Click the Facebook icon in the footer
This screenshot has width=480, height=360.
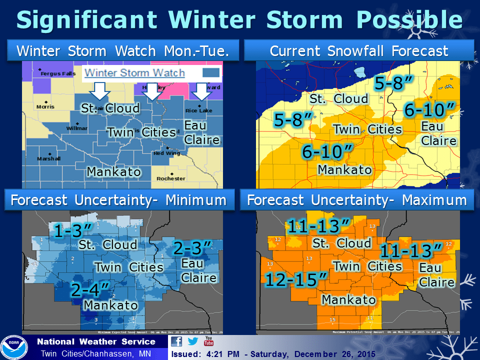[176, 341]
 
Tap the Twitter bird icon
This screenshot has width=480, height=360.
[193, 341]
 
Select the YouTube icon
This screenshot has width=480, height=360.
[208, 341]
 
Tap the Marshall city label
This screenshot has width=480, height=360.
[49, 159]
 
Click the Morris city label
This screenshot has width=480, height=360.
[45, 106]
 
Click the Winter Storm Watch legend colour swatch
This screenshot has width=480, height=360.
[212, 73]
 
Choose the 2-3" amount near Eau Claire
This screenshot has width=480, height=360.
[193, 247]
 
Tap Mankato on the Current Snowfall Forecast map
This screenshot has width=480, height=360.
[345, 169]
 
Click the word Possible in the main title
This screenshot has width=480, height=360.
[406, 19]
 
